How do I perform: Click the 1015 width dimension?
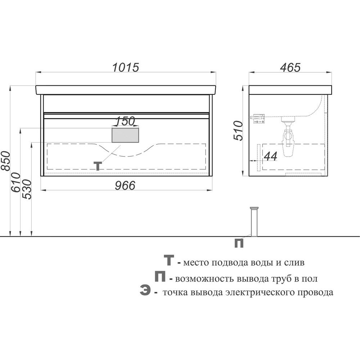click(126, 67)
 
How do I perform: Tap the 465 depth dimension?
click(290, 67)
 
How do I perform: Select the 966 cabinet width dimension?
click(125, 185)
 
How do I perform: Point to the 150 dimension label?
click(125, 121)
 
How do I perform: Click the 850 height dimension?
click(5, 161)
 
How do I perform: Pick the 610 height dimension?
click(16, 183)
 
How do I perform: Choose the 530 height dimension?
click(26, 189)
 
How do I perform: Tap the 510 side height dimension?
click(238, 130)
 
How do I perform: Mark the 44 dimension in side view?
click(271, 156)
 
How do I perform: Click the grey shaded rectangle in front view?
click(125, 135)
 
